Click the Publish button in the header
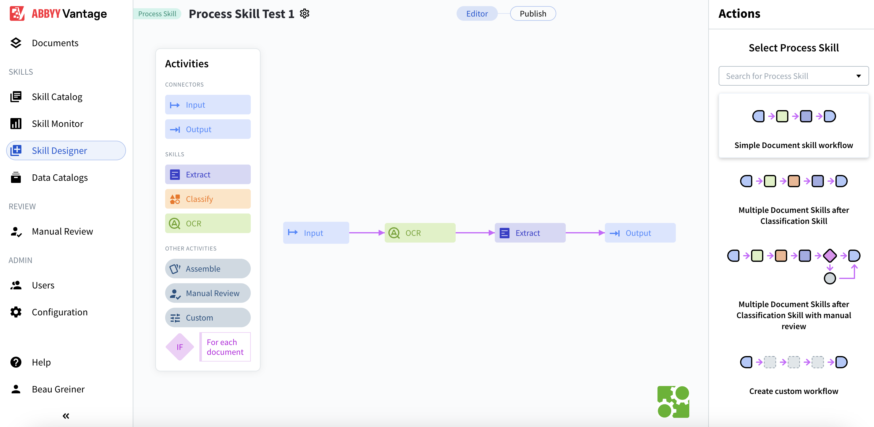(533, 13)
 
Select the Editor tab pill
(477, 13)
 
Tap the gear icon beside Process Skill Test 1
(304, 13)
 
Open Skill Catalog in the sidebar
(57, 97)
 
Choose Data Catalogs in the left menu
(59, 177)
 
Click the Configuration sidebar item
(59, 312)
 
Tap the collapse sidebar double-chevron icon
(66, 416)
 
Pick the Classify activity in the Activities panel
(208, 199)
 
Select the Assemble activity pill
(208, 269)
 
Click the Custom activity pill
(208, 318)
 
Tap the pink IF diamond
(180, 347)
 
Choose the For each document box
(225, 347)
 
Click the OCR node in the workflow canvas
(420, 233)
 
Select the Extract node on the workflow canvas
(530, 233)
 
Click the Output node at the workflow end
(640, 233)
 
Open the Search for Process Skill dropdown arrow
(858, 76)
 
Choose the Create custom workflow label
(793, 391)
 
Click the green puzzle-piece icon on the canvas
(673, 402)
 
